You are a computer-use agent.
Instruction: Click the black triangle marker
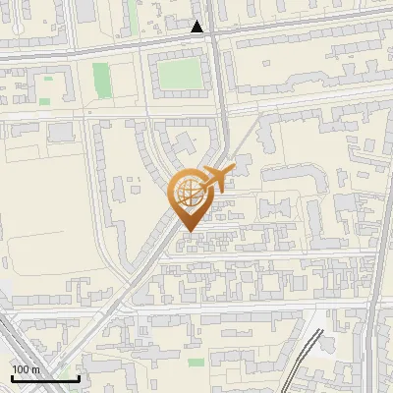pyautogui.click(x=198, y=27)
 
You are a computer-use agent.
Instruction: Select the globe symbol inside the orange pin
pyautogui.click(x=191, y=193)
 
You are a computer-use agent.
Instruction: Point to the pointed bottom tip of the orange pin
pyautogui.click(x=189, y=232)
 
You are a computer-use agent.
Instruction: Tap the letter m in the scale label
pyautogui.click(x=35, y=368)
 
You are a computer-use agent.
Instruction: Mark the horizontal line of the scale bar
pyautogui.click(x=44, y=378)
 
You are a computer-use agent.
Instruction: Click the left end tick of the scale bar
pyautogui.click(x=11, y=376)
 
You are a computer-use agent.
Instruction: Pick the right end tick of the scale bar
pyautogui.click(x=79, y=376)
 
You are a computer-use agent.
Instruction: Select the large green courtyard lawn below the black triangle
pyautogui.click(x=178, y=73)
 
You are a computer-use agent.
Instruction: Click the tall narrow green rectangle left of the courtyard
pyautogui.click(x=100, y=78)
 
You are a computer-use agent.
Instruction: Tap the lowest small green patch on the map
pyautogui.click(x=196, y=363)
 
